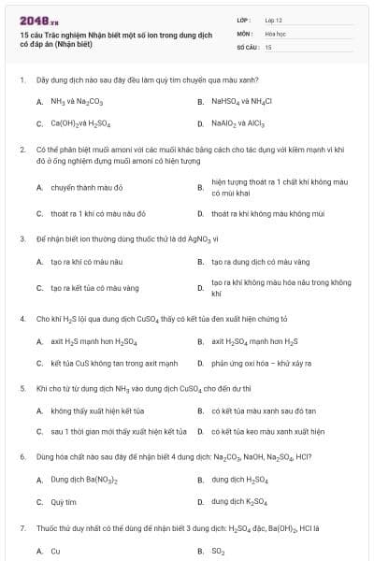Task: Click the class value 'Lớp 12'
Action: point(274,20)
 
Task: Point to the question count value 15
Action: point(268,46)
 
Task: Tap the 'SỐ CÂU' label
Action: point(246,46)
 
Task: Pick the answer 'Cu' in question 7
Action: point(55,551)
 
